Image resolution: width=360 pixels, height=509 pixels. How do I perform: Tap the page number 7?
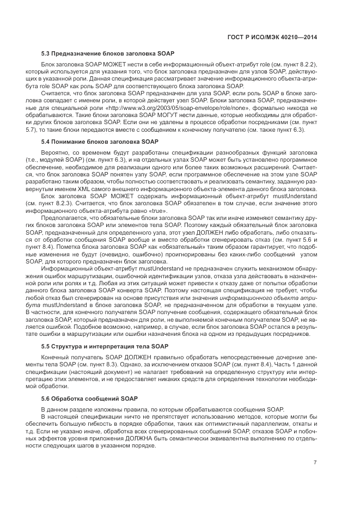(315, 463)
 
